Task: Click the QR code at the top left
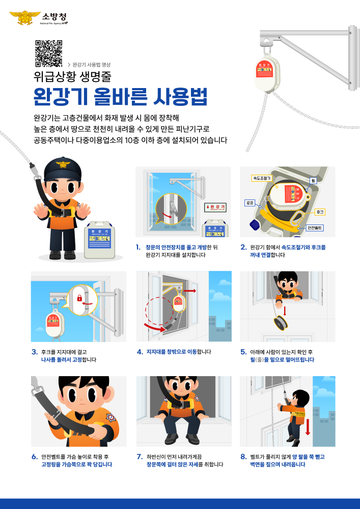pyautogui.click(x=48, y=53)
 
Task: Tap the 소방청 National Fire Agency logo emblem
pyautogui.click(x=22, y=18)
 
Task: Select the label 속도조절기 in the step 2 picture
pyautogui.click(x=261, y=178)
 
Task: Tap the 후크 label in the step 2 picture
pyautogui.click(x=320, y=211)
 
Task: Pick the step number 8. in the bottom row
pyautogui.click(x=243, y=457)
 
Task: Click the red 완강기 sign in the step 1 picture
pyautogui.click(x=215, y=208)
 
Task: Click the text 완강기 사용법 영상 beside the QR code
pyautogui.click(x=91, y=65)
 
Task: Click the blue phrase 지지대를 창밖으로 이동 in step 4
pyautogui.click(x=171, y=352)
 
